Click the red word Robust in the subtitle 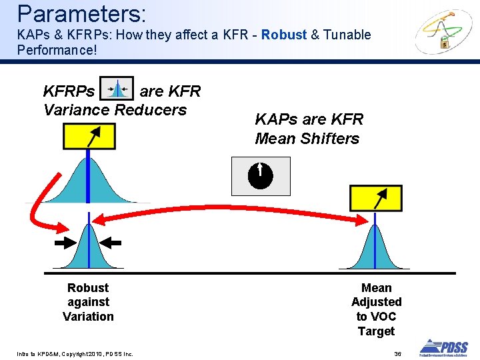(284, 35)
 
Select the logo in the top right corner (443, 32)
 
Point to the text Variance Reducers (115, 110)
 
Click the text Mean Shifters (307, 139)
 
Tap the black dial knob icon (261, 175)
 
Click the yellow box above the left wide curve (89, 136)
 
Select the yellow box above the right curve (376, 199)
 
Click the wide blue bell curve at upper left (88, 180)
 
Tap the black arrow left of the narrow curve (65, 243)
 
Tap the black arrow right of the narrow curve (113, 243)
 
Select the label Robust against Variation (88, 302)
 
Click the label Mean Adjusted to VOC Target (376, 309)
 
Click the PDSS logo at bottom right (443, 347)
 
